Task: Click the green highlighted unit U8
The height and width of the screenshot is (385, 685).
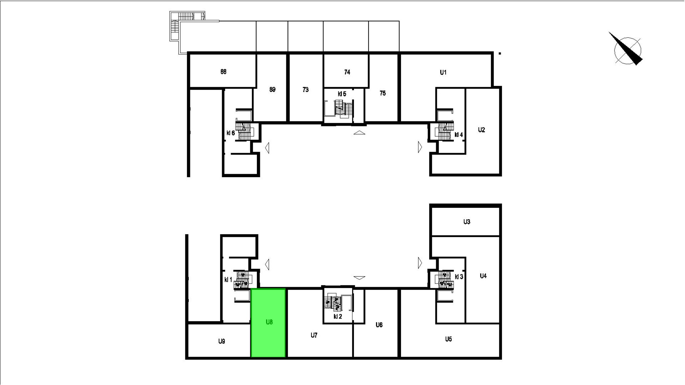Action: coord(268,323)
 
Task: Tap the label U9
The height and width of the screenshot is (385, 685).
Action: coord(221,341)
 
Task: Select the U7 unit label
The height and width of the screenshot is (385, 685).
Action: coord(314,335)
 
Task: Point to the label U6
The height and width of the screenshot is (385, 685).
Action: coord(379,325)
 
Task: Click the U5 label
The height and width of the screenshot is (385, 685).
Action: coord(449,339)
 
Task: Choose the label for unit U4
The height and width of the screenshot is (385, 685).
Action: coord(483,276)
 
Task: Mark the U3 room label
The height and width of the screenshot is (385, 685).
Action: coord(467,222)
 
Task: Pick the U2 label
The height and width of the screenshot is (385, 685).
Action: coord(482,130)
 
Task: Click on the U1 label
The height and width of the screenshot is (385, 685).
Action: coord(443,73)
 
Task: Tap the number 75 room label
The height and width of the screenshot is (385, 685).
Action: coord(383,93)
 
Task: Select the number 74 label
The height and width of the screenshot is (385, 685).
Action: coord(347,72)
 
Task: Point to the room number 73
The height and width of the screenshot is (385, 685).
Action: coord(305,90)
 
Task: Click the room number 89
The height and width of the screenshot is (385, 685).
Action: coord(272,90)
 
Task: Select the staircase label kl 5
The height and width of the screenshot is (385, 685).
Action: coord(342,94)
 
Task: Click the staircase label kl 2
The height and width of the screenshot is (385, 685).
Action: coord(338,316)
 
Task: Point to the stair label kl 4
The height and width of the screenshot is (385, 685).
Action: coord(459,135)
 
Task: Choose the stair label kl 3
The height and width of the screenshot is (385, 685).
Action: coord(459,277)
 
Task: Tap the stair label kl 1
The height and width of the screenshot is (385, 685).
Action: coord(228,280)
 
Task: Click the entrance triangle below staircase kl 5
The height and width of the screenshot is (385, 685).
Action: coord(359,133)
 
